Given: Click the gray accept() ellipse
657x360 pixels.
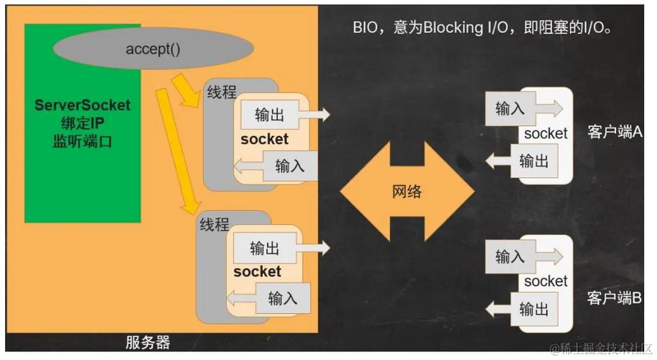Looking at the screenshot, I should click(153, 49).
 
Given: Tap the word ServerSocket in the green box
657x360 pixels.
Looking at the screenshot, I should click(83, 105).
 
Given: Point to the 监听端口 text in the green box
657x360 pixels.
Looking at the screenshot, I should click(83, 141).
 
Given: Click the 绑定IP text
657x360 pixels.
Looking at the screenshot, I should click(83, 123).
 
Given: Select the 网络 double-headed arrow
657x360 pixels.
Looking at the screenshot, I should click(407, 192).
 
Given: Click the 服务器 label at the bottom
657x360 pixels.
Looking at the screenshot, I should click(148, 342).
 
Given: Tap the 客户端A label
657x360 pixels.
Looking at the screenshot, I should click(615, 133).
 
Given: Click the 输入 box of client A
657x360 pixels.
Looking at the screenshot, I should click(510, 109).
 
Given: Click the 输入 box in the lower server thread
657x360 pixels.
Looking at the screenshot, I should click(282, 297).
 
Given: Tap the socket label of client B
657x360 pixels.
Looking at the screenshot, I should click(545, 282).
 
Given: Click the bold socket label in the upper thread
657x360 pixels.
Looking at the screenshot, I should click(264, 139).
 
